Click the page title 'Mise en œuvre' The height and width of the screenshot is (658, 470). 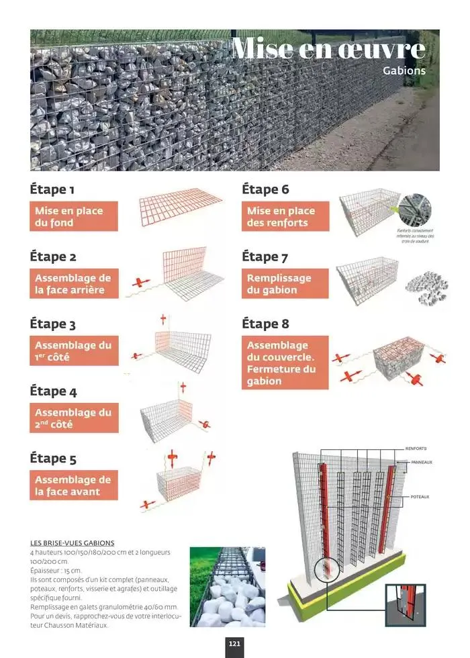pyautogui.click(x=328, y=49)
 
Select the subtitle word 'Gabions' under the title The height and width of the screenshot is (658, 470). pyautogui.click(x=404, y=70)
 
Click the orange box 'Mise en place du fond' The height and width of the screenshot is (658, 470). pyautogui.click(x=74, y=217)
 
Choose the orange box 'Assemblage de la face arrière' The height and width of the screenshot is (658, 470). pyautogui.click(x=74, y=284)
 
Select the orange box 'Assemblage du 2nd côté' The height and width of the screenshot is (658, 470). pyautogui.click(x=74, y=419)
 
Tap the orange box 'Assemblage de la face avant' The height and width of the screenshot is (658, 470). pyautogui.click(x=74, y=486)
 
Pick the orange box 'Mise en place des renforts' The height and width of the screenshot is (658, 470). pyautogui.click(x=285, y=217)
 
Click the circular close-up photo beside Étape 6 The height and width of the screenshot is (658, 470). pyautogui.click(x=416, y=210)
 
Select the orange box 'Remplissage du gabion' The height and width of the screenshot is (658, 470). pyautogui.click(x=285, y=284)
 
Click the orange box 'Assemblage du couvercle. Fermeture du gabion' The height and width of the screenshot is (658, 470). pyautogui.click(x=285, y=363)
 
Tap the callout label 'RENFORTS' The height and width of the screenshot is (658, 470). pyautogui.click(x=416, y=449)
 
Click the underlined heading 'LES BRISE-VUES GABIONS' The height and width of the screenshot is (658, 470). pyautogui.click(x=73, y=543)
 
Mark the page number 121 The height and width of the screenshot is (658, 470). pyautogui.click(x=234, y=644)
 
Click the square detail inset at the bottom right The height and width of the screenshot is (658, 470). pyautogui.click(x=406, y=605)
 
